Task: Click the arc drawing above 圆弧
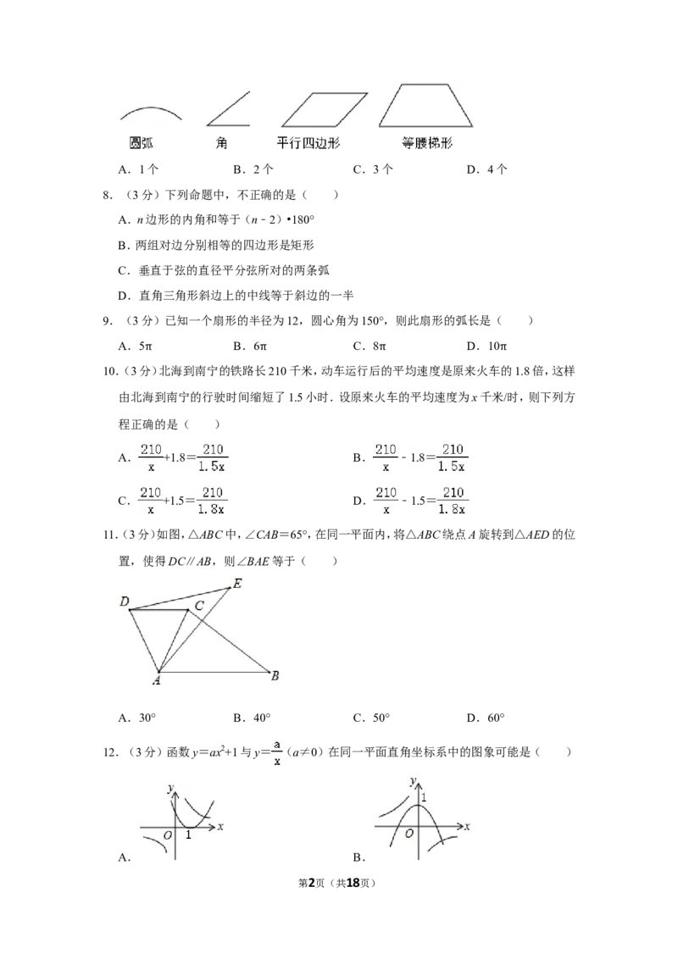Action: (149, 113)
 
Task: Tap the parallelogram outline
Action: (324, 109)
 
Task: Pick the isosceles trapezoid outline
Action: (426, 105)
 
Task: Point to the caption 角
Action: (222, 143)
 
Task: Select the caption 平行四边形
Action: (308, 143)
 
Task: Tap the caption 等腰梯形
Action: (427, 143)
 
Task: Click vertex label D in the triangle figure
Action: (125, 602)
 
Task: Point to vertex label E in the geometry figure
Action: (237, 583)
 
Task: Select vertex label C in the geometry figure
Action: (198, 606)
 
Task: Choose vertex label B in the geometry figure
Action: (275, 675)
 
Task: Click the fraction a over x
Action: (277, 752)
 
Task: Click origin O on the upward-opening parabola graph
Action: (168, 835)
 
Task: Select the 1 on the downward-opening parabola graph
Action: (423, 797)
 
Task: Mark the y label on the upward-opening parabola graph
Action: (170, 788)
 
